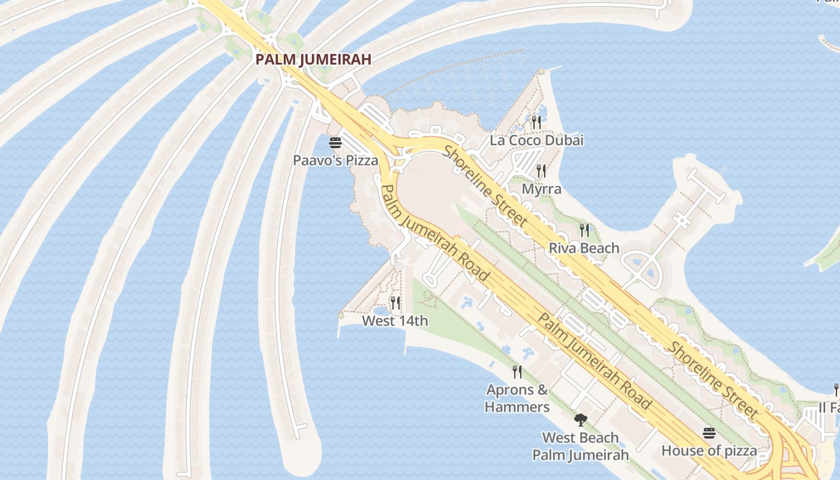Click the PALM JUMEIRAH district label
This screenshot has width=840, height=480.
point(313,59)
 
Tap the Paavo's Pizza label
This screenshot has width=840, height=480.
point(335,161)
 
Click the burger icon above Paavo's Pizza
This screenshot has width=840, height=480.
point(335,143)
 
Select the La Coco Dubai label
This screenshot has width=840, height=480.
point(536,140)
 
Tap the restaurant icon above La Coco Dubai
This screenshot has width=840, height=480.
point(536,122)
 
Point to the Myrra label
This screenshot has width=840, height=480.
point(542,189)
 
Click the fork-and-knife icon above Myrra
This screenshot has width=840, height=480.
point(541,170)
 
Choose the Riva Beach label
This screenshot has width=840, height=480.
point(584,248)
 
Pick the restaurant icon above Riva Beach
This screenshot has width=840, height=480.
point(584,229)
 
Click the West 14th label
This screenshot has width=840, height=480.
point(395,321)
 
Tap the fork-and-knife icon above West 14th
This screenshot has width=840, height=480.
point(395,302)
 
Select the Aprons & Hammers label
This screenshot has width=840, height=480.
point(517,398)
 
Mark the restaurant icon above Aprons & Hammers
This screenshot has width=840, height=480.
point(517,372)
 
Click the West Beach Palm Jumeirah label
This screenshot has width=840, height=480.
point(580,446)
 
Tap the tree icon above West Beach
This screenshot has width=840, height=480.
point(580,419)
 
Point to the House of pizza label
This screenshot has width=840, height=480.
point(709,451)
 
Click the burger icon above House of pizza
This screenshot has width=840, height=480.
point(709,433)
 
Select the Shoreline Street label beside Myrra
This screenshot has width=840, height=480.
point(486,187)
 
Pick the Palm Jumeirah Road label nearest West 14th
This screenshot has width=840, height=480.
point(435,233)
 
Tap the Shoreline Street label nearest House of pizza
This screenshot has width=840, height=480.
point(713,380)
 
